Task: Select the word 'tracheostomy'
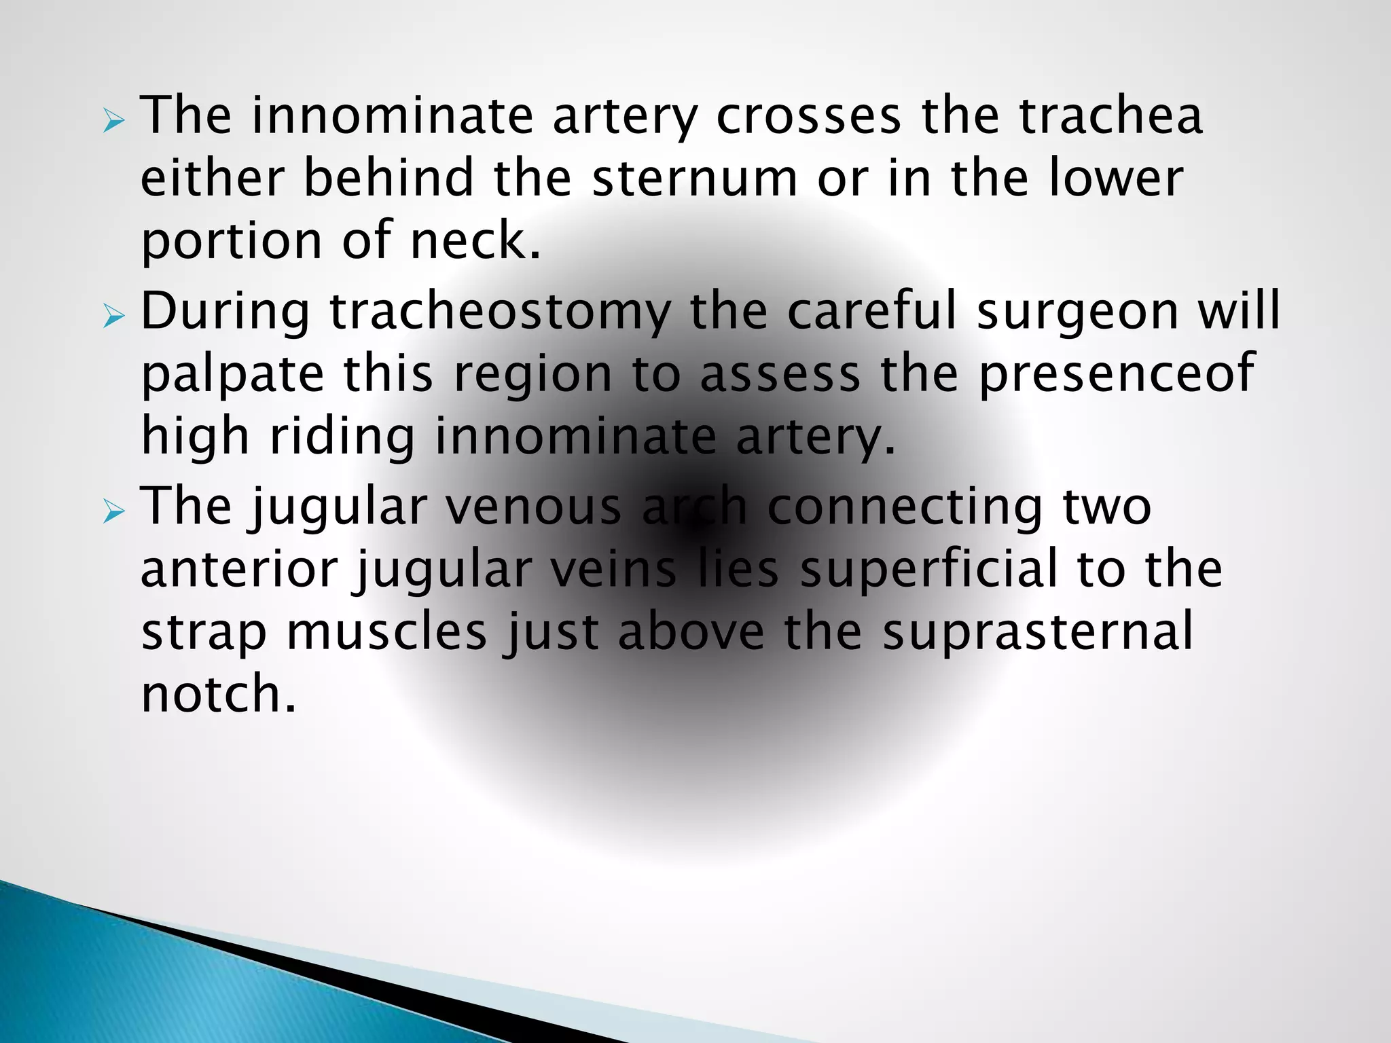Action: [x=499, y=312]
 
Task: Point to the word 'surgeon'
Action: [x=1077, y=312]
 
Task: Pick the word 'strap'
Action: [x=204, y=633]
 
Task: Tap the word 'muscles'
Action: [x=386, y=632]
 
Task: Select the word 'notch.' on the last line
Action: [x=219, y=694]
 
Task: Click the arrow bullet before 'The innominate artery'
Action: [x=114, y=122]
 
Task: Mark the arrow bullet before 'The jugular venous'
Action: [x=114, y=513]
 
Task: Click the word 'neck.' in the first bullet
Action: [x=475, y=240]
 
